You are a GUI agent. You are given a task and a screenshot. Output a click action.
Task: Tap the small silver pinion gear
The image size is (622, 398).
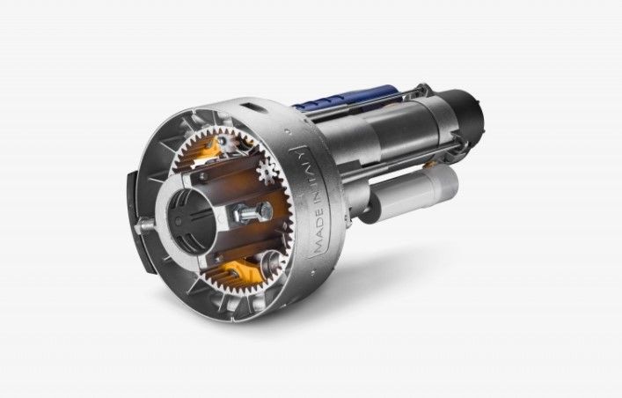pos(267,171)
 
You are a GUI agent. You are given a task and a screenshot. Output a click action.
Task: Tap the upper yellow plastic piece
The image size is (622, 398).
pos(209,149)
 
